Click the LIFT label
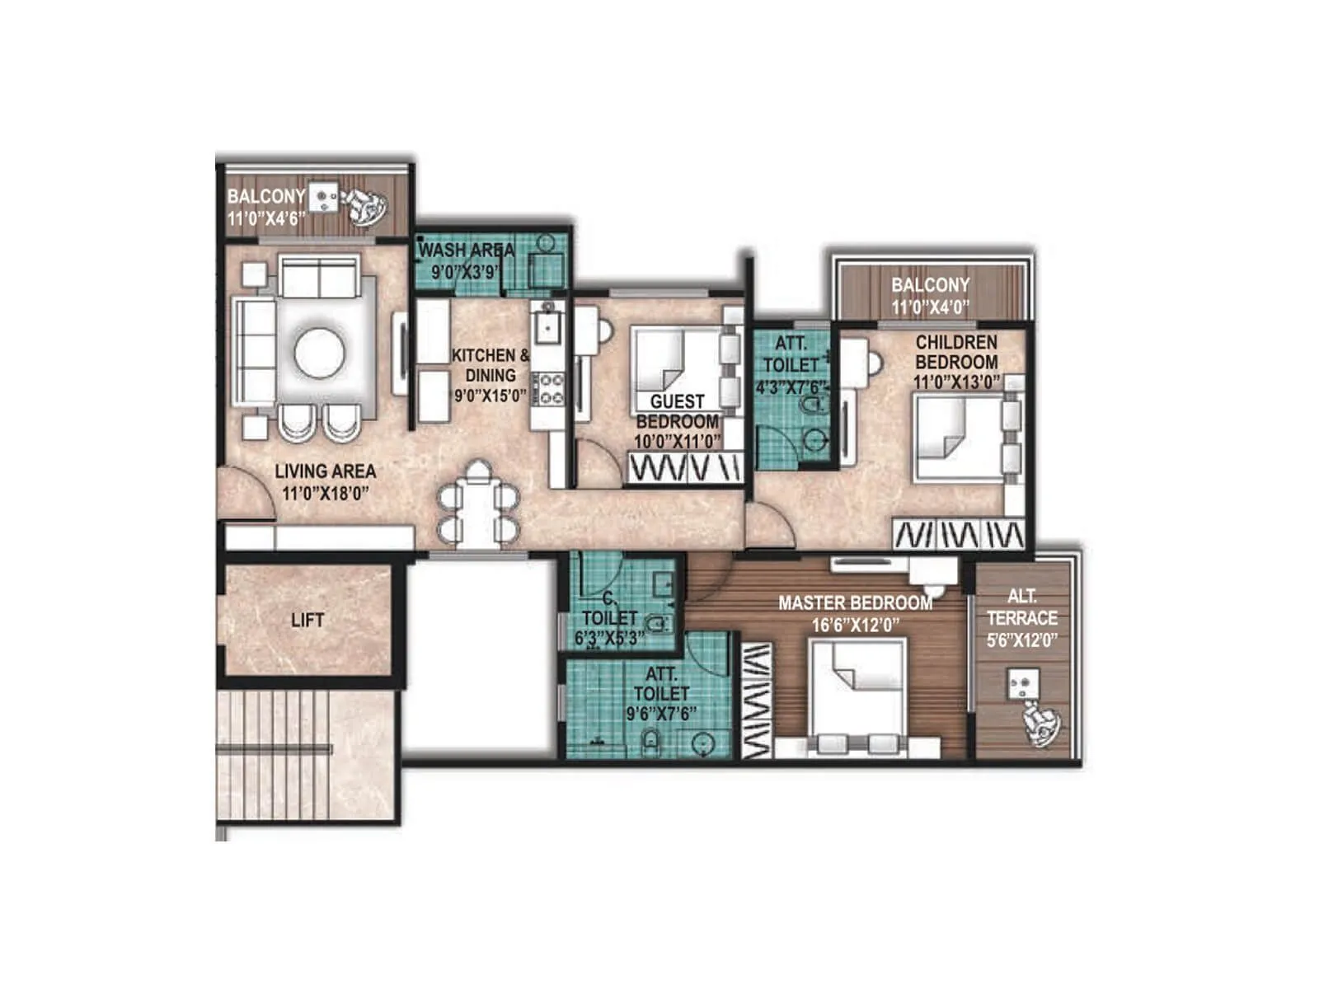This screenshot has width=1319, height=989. tap(307, 620)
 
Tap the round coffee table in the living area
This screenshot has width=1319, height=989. tap(319, 353)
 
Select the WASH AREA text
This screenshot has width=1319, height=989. tap(467, 249)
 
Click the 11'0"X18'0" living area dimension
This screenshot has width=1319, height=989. tap(325, 494)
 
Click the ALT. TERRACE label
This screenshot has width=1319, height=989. tap(1022, 607)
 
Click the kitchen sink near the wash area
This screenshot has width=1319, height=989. tap(547, 326)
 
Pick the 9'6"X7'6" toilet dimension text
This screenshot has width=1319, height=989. tap(661, 714)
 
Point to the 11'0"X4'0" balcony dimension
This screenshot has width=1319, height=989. tap(930, 307)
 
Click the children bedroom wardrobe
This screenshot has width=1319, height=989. tap(960, 534)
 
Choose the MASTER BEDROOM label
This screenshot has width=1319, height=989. tap(855, 603)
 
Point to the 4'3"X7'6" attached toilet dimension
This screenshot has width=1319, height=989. tap(790, 387)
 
